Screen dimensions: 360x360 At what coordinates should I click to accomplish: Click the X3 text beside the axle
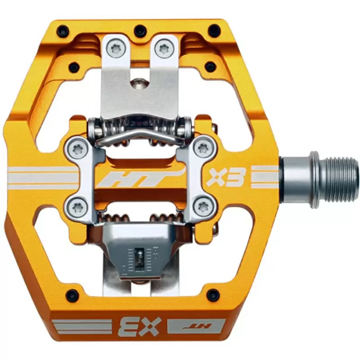click(225, 177)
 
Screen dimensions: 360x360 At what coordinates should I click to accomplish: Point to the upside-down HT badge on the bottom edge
click(196, 326)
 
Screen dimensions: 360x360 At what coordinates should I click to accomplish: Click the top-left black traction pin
click(63, 30)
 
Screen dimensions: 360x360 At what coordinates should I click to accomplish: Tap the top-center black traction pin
click(140, 30)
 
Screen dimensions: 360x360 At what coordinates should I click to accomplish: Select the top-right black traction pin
click(214, 30)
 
